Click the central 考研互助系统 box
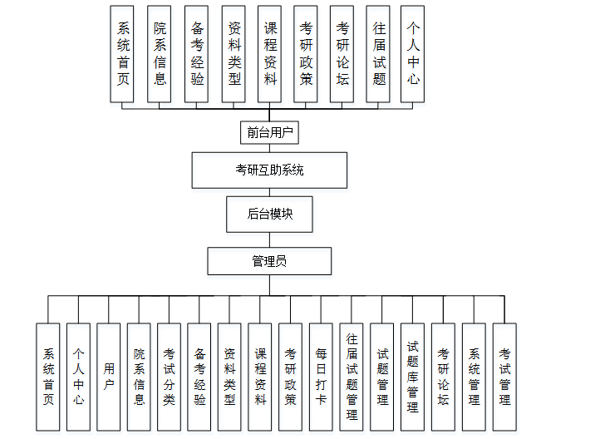pyautogui.click(x=269, y=170)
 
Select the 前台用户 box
pyautogui.click(x=268, y=132)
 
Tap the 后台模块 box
pyautogui.click(x=269, y=214)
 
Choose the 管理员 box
pyautogui.click(x=269, y=261)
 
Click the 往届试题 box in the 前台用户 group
pyautogui.click(x=379, y=53)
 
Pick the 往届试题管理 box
pyautogui.click(x=352, y=377)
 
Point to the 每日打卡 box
pyautogui.click(x=321, y=377)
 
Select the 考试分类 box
pyautogui.click(x=170, y=377)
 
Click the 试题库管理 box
pyautogui.click(x=412, y=377)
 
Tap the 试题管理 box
pyautogui.click(x=382, y=377)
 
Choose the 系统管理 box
pyautogui.click(x=474, y=377)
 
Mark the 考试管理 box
pyautogui.click(x=504, y=377)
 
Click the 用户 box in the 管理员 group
pyautogui.click(x=109, y=377)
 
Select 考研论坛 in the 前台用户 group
pyautogui.click(x=342, y=53)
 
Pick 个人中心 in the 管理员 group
pyautogui.click(x=78, y=377)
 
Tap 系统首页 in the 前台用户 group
pyautogui.click(x=123, y=53)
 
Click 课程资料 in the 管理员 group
pyautogui.click(x=260, y=377)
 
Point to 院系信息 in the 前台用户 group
pyautogui.click(x=160, y=53)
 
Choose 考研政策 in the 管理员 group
pyautogui.click(x=290, y=377)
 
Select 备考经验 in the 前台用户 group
pyautogui.click(x=196, y=53)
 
